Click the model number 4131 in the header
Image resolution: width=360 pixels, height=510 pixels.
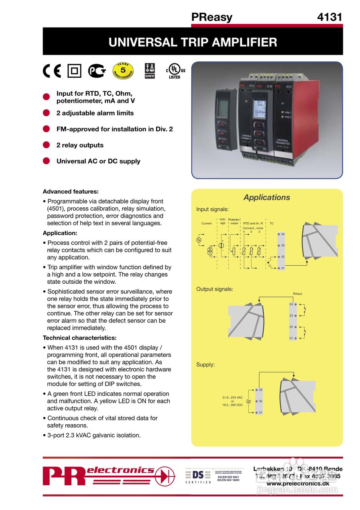pos(329,17)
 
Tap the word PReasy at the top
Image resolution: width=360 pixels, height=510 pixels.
pos(211,17)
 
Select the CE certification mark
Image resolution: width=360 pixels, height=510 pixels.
pos(52,71)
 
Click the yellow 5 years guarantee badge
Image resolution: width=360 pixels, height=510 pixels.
pos(123,71)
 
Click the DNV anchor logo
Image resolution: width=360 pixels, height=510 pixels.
pos(150,71)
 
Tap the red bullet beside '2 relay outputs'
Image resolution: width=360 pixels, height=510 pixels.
pos(46,145)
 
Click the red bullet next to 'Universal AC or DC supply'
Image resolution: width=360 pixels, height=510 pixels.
pos(46,161)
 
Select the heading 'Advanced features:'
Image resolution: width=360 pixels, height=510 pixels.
pos(70,191)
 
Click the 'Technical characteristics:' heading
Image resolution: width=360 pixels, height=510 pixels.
pos(80,338)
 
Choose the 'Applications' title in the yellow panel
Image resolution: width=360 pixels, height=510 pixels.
pos(267,197)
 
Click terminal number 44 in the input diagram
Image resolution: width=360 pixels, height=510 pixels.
pos(283,234)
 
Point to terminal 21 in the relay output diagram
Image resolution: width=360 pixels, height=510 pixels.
pos(291,338)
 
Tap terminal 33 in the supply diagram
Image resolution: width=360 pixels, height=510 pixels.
pos(261,390)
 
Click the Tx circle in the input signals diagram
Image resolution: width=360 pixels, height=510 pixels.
pos(199,240)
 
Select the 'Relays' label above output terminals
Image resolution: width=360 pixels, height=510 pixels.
pos(297,294)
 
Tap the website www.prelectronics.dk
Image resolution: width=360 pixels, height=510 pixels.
pos(298,483)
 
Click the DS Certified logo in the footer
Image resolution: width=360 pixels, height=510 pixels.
pos(198,476)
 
